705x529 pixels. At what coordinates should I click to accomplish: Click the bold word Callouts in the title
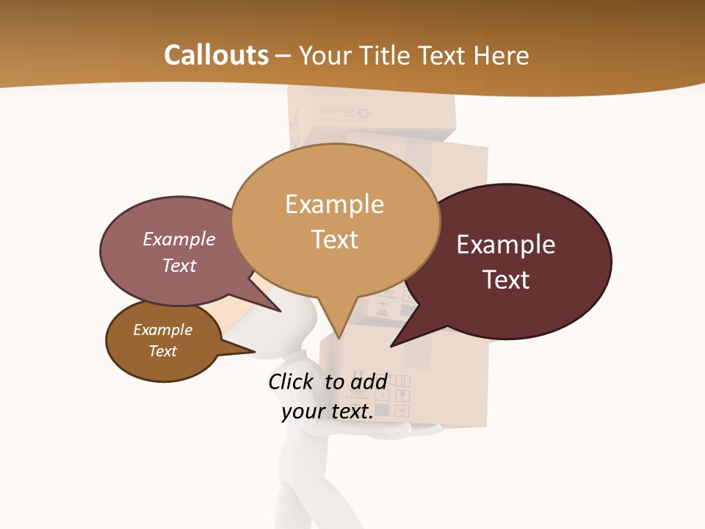coord(216,55)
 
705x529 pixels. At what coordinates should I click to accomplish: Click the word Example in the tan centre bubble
coord(334,204)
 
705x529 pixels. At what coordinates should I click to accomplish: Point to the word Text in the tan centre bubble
coord(335,240)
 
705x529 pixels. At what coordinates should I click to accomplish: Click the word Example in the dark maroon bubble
coord(506,245)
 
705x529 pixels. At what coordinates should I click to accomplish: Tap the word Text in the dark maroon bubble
coord(507,280)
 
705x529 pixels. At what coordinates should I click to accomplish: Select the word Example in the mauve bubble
coord(179,239)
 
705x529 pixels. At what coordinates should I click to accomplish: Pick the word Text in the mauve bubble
coord(179,265)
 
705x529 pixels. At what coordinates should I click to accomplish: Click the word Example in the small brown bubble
coord(162,330)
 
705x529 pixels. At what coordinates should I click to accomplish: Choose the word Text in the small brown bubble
coord(163,351)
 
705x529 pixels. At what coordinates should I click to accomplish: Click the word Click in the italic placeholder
coord(293,381)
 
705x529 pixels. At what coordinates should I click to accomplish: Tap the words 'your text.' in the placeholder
coord(328,411)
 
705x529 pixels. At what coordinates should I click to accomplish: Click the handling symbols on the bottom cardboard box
coord(394,397)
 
